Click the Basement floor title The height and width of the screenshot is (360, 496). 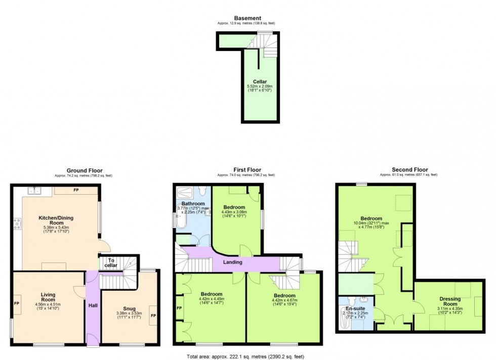point(247,18)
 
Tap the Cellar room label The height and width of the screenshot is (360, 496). point(260,81)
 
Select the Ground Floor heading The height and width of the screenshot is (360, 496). point(85,170)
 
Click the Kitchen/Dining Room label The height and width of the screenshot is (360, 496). point(56,220)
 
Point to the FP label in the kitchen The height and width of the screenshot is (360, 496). point(76,191)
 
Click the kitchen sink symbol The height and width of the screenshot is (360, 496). point(34,190)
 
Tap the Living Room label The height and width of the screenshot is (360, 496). point(48,297)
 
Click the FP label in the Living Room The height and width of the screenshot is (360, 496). point(16,305)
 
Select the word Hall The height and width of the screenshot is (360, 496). point(93,305)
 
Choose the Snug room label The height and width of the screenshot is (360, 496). point(129,308)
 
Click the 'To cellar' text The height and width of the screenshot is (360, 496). point(111,263)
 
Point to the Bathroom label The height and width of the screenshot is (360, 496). point(193,204)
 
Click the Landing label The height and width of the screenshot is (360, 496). point(233,262)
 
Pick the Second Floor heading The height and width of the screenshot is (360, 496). point(409,170)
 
